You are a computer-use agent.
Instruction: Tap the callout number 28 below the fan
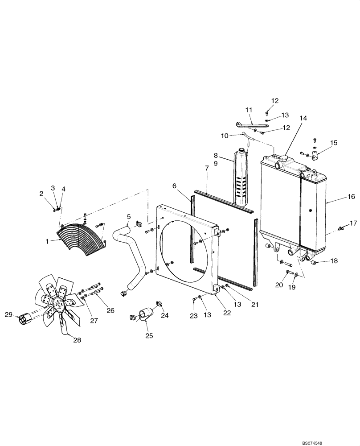coord(77,340)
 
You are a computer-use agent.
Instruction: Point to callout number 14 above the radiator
coord(303,118)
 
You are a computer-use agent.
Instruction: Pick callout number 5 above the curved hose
coord(128,217)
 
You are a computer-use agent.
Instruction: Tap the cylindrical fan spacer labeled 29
coord(25,320)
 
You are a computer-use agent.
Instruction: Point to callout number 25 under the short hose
coord(149,335)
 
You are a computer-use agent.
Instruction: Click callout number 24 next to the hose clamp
coord(165,315)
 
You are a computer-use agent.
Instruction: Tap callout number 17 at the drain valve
coord(353,223)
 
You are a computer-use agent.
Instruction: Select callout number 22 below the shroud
coord(227,313)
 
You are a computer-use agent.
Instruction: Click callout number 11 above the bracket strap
coord(249,109)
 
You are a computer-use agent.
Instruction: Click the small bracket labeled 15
coord(316,156)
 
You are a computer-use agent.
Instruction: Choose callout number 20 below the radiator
coord(279,285)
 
